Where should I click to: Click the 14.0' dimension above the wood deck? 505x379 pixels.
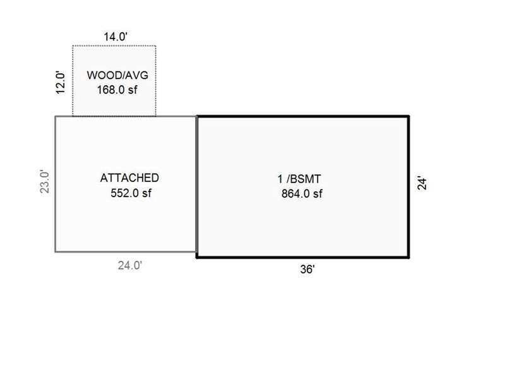coord(116,37)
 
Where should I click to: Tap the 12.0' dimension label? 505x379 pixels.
coord(61,83)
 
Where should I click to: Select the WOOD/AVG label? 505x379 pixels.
coord(117,75)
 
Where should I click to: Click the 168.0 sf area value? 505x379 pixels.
coord(117,90)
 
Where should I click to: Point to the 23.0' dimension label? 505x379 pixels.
coord(45,181)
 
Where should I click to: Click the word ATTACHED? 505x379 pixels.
coord(129,178)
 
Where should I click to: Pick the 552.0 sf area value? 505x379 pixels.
coord(131,193)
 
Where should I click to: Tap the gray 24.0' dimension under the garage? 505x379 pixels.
coord(130,265)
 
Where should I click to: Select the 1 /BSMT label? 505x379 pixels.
coord(299,179)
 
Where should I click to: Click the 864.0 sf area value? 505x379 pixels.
coord(302,194)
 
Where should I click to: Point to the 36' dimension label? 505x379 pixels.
coord(307,269)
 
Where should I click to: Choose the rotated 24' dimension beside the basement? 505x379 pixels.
coord(422,183)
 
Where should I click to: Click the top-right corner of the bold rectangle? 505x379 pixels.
coord(408,116)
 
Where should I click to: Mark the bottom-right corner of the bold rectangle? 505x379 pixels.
coord(408,257)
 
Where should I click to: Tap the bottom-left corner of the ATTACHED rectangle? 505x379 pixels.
coord(56,251)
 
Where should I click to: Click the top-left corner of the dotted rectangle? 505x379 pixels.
coord(73,46)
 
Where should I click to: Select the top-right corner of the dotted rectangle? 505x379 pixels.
coord(156,46)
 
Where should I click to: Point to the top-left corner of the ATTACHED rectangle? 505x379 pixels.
coord(56,116)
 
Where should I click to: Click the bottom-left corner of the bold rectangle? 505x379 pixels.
coord(197,257)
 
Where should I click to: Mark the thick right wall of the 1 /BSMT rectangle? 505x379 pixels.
coord(408,186)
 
